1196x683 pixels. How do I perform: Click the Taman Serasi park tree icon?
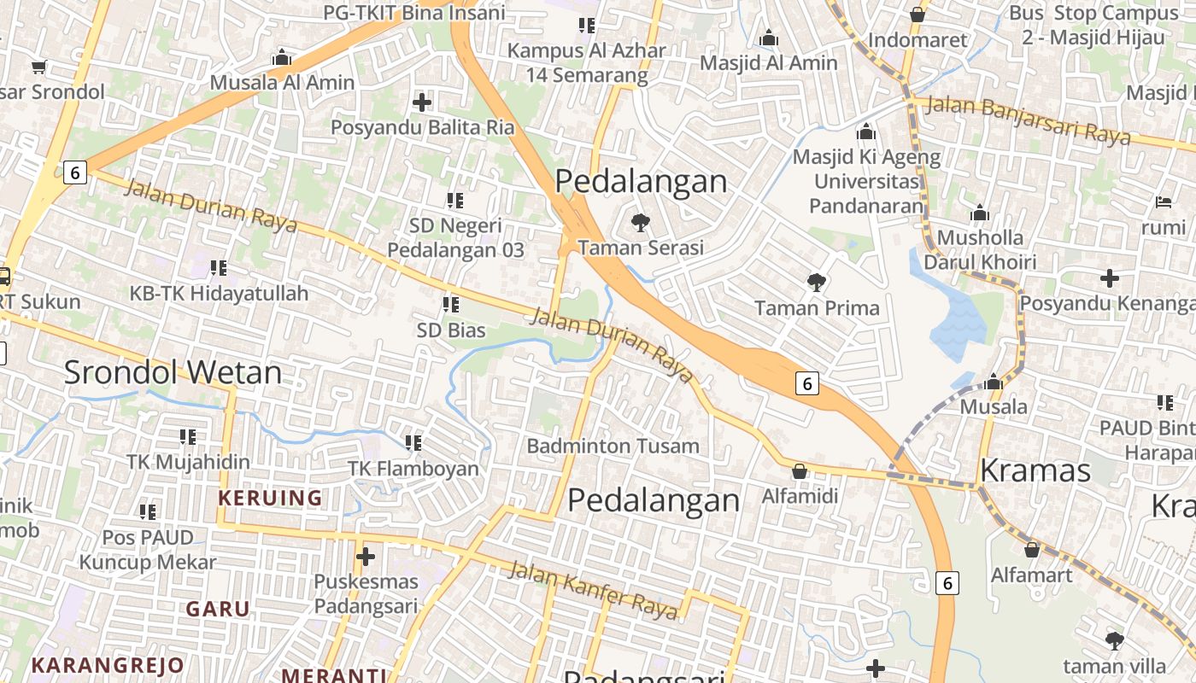point(640,223)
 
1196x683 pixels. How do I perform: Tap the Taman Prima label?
point(817,308)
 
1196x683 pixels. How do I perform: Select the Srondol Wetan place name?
point(173,372)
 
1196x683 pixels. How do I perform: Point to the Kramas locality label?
point(1035,470)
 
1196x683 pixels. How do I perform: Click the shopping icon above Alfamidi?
point(800,470)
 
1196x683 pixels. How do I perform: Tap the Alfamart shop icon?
point(1032,549)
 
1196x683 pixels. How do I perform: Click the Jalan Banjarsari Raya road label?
point(1029,120)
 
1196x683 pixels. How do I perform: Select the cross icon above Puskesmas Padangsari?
point(366,557)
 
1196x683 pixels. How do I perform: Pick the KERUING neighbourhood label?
point(270,498)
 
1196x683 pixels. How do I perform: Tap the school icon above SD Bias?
point(451,304)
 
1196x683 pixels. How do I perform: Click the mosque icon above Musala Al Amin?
point(282,58)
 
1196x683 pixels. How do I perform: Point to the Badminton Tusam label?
point(613,446)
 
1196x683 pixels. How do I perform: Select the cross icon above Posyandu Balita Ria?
point(422,102)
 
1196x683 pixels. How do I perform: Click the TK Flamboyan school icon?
point(413,442)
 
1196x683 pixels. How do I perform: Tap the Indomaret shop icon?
point(918,15)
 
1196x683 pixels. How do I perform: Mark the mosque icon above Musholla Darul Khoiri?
point(980,212)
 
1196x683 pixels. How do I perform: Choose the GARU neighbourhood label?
point(218,609)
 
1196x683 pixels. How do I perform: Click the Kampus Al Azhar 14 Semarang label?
point(586,62)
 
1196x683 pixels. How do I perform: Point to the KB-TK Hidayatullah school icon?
point(219,268)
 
